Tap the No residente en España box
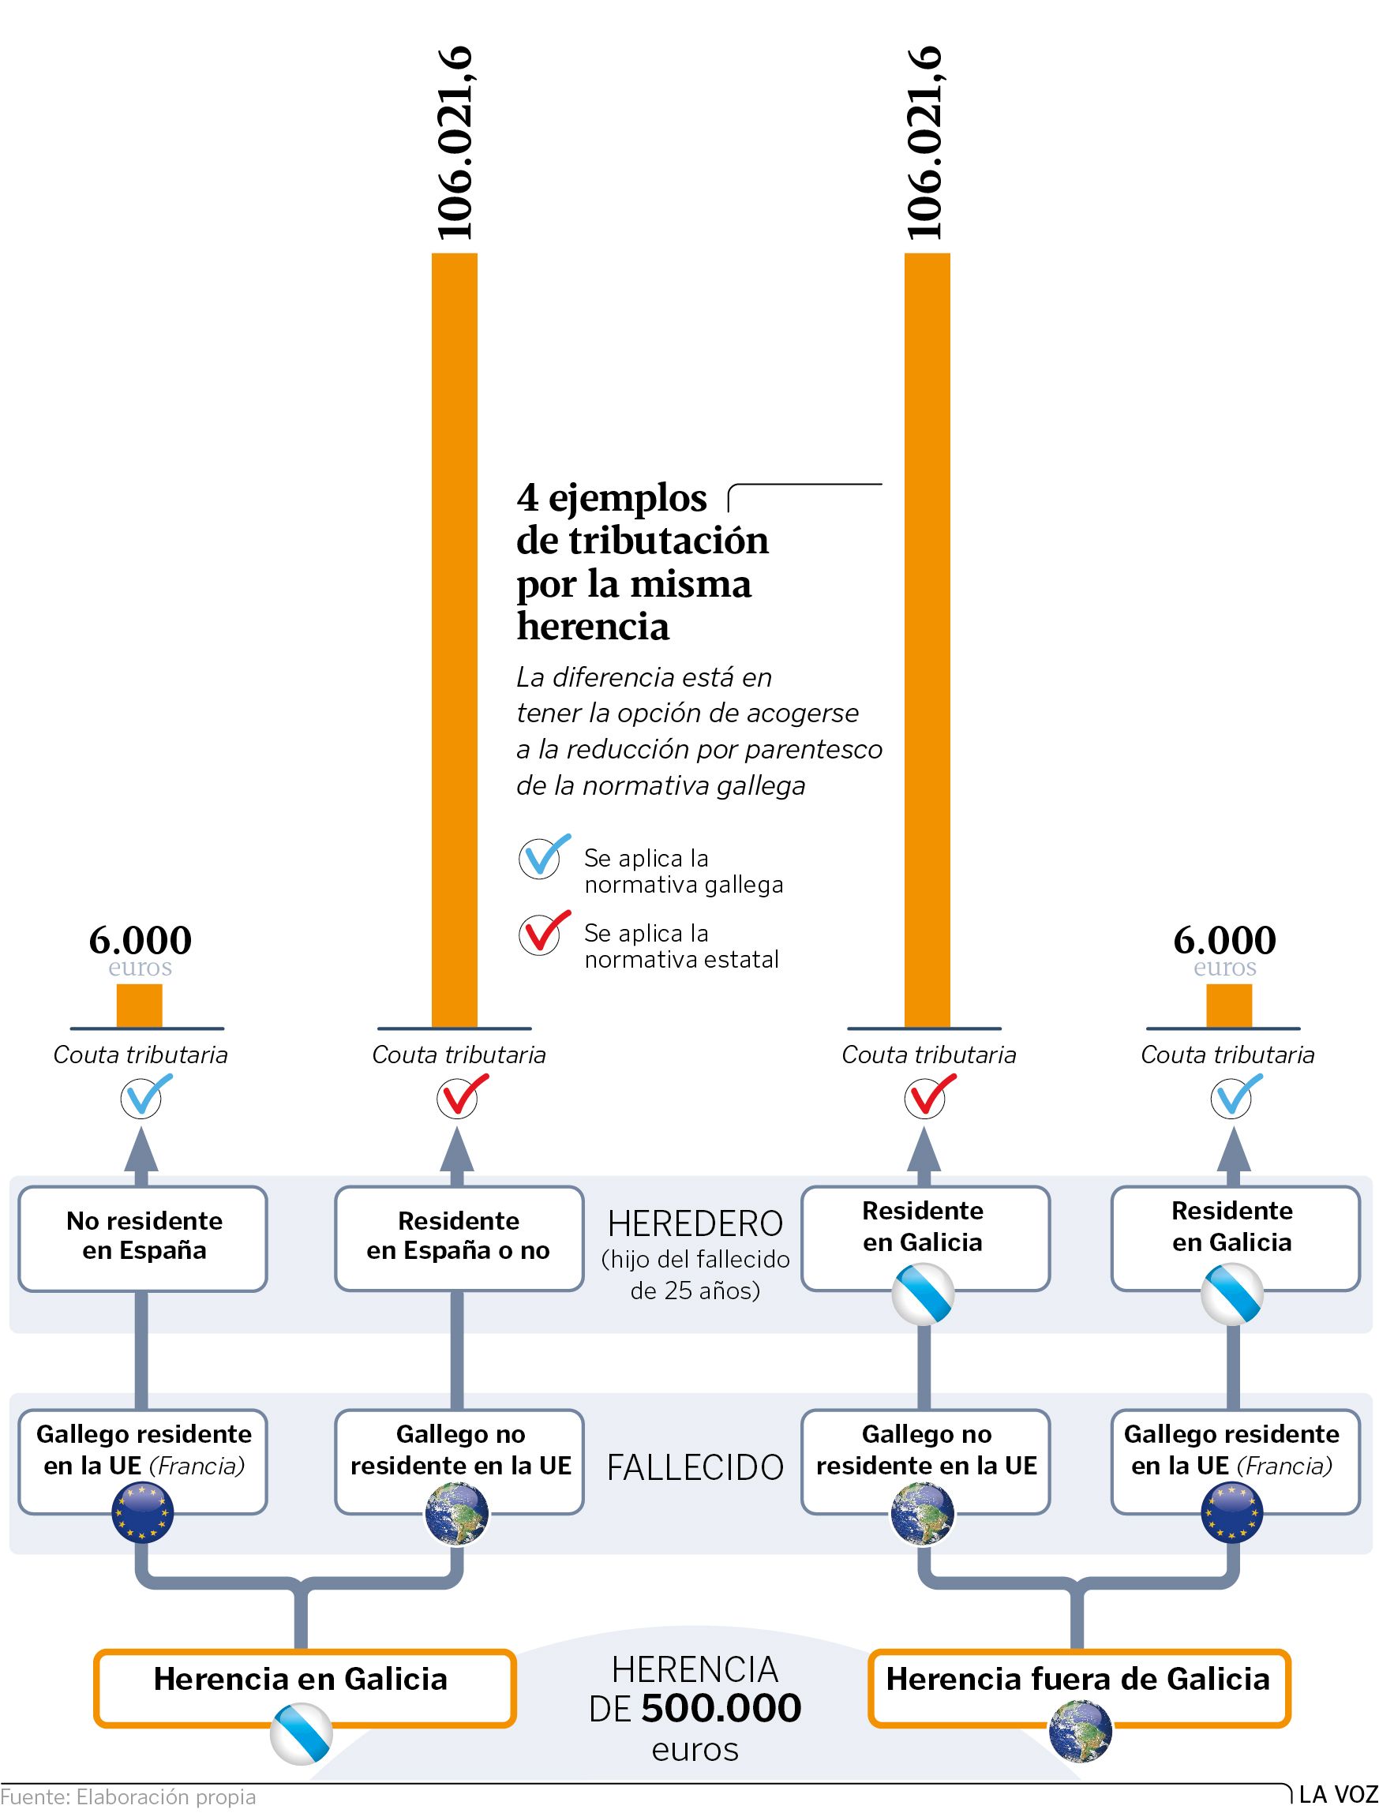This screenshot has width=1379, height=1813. click(143, 1238)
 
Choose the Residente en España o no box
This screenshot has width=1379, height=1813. click(459, 1238)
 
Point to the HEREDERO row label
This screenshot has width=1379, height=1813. click(695, 1223)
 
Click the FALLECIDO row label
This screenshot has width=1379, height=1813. click(695, 1467)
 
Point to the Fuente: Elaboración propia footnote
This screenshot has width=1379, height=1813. click(128, 1796)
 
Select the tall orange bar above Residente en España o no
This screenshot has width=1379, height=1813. click(454, 640)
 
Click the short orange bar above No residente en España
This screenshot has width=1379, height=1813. click(139, 1006)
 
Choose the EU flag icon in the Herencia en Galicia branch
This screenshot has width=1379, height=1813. click(143, 1511)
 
